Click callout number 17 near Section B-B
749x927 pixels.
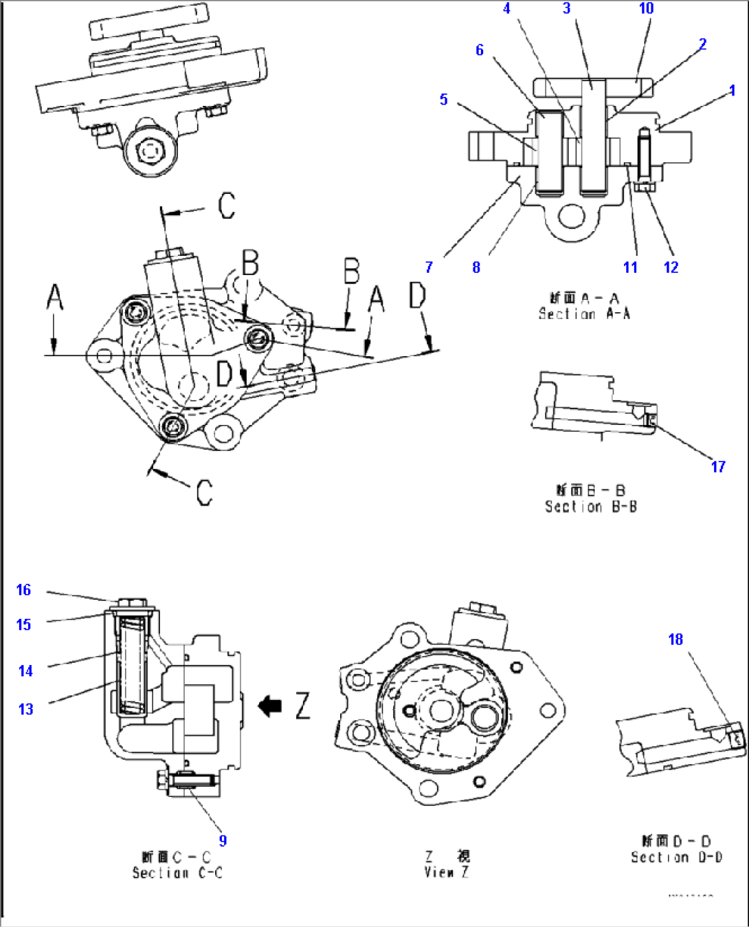[x=718, y=467]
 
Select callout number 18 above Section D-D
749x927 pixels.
[x=675, y=640]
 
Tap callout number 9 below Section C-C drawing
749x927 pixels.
[x=223, y=840]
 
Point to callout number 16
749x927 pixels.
[x=23, y=590]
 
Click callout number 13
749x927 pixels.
[x=25, y=709]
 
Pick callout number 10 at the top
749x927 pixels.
[x=646, y=8]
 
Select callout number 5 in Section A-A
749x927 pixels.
[x=443, y=100]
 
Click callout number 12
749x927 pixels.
[x=671, y=268]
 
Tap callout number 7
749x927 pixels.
[x=429, y=268]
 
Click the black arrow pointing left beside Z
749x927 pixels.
[x=270, y=706]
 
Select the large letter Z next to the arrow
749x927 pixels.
[x=303, y=706]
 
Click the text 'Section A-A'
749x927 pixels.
[x=584, y=314]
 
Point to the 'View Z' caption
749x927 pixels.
[x=447, y=872]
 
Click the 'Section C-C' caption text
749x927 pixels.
[x=177, y=873]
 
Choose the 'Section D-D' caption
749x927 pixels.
[x=676, y=858]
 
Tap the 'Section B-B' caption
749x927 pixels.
[x=590, y=507]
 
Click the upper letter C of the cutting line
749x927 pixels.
[x=227, y=206]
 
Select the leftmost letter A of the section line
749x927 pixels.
[x=55, y=298]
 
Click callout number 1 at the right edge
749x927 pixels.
[x=732, y=90]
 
